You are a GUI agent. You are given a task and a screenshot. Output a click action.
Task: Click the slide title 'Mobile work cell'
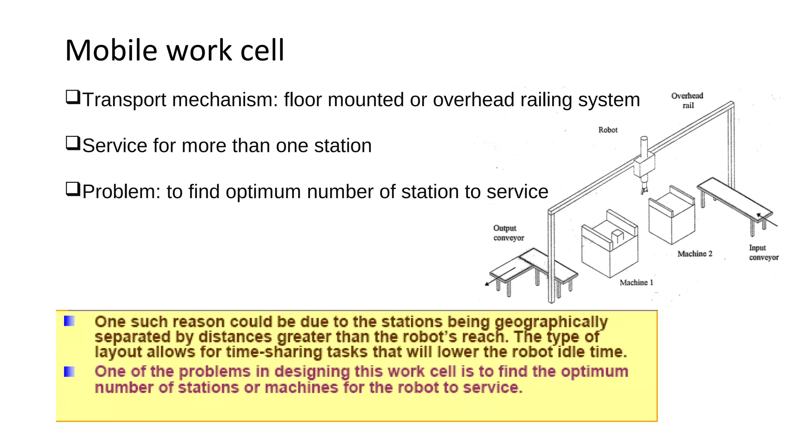175,50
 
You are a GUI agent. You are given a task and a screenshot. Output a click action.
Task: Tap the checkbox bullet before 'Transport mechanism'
73,97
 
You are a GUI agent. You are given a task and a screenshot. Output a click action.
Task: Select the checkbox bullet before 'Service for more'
73,143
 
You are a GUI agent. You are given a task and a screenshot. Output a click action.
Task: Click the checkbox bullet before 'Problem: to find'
73,189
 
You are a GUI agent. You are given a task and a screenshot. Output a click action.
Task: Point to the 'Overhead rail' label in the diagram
687,100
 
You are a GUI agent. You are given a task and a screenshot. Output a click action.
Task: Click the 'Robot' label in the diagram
608,130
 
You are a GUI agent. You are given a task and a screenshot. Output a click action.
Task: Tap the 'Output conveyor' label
508,233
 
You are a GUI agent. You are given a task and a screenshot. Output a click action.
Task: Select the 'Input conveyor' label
763,253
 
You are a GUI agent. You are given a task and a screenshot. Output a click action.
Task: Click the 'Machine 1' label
636,283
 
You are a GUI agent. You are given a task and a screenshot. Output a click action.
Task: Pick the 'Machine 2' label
695,254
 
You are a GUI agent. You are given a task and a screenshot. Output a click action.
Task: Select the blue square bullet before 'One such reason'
69,321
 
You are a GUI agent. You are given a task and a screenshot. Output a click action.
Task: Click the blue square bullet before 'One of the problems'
69,372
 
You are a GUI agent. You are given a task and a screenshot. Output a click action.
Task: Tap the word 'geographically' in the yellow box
551,322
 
